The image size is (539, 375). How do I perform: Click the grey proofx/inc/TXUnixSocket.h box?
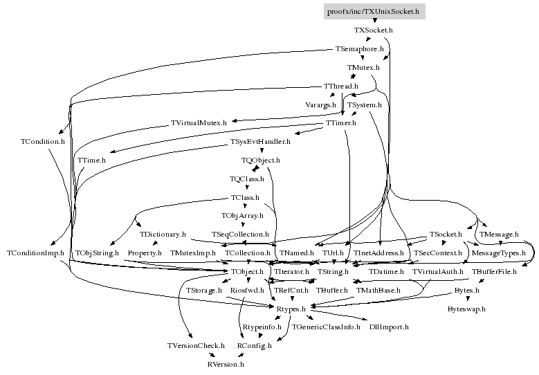(x=373, y=12)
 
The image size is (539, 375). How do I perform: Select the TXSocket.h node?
(x=373, y=30)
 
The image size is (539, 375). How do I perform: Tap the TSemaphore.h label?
(x=359, y=49)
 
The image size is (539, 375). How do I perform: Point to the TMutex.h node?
(x=363, y=68)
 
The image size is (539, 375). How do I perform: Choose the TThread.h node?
(x=341, y=86)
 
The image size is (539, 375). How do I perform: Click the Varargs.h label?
(x=320, y=104)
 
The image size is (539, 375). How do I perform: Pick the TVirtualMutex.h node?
(x=199, y=123)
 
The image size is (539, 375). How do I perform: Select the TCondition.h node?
(x=42, y=141)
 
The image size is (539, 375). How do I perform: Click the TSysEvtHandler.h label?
(x=260, y=142)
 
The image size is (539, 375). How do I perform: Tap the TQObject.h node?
(x=261, y=161)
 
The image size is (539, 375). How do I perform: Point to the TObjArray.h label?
(x=242, y=216)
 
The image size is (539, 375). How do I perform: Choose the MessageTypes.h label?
(x=498, y=253)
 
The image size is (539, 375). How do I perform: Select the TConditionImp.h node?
(x=35, y=253)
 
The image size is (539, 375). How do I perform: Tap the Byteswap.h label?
(x=466, y=309)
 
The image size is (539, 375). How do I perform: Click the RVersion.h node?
(x=226, y=364)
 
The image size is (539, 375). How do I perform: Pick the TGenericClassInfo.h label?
(x=326, y=327)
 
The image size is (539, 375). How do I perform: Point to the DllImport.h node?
(x=389, y=327)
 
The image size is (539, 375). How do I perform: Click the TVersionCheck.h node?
(x=196, y=345)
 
